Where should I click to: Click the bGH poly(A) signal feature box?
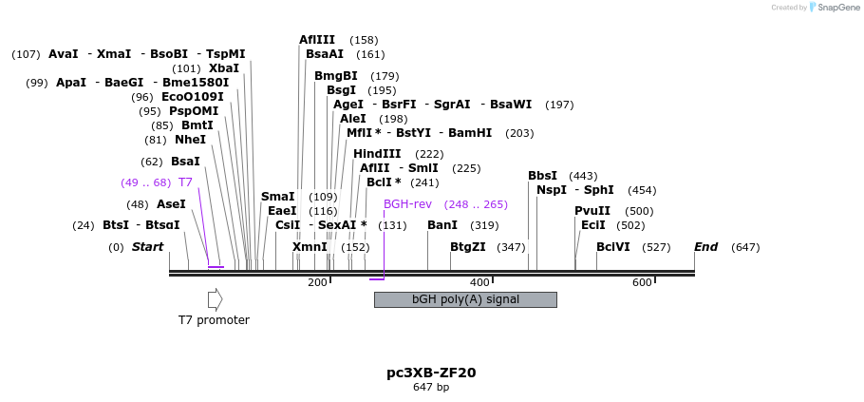[465, 299]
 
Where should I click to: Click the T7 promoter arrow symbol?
[215, 299]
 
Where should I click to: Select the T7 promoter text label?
[214, 320]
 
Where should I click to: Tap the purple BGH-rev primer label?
[407, 204]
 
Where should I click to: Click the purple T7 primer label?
[185, 182]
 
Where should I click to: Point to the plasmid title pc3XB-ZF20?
[431, 373]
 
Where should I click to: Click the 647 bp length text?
[431, 387]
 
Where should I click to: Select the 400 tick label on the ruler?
[479, 282]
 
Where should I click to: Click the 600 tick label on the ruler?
[642, 282]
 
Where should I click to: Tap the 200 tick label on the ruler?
[317, 282]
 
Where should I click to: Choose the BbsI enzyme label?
[542, 176]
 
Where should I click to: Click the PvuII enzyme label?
[592, 211]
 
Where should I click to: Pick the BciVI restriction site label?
[613, 247]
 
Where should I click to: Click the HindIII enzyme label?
[377, 154]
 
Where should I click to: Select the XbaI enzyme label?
[224, 68]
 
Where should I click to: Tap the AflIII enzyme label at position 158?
[317, 40]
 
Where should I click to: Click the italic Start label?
[147, 247]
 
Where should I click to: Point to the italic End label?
[705, 247]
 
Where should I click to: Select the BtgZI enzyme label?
[468, 247]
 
